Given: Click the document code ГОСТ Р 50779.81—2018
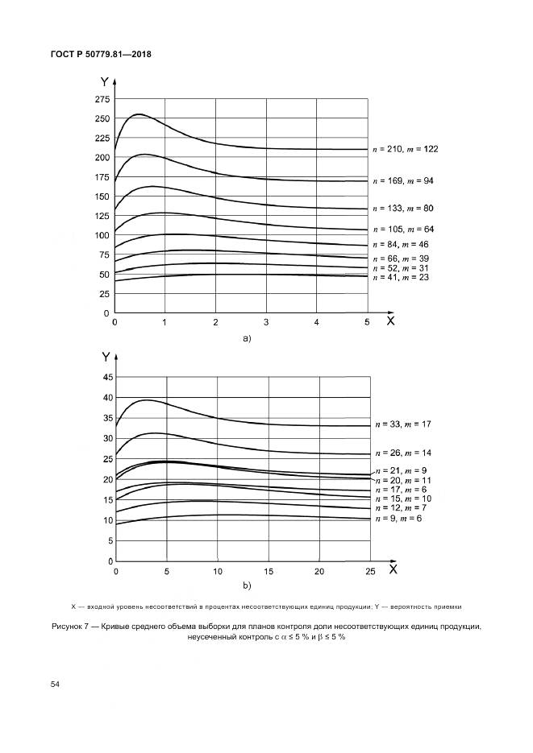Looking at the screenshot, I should [x=102, y=54].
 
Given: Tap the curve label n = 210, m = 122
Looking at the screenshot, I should [x=415, y=149].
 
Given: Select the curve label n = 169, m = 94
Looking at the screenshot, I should [x=412, y=180].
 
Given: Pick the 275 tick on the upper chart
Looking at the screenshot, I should [x=102, y=99].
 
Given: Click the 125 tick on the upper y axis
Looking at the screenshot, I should [x=102, y=216].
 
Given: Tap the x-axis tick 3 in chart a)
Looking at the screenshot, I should [x=266, y=322].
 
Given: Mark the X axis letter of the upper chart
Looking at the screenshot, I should [x=389, y=320].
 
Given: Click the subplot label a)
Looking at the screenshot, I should [x=247, y=339].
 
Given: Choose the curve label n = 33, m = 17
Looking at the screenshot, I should [x=409, y=424].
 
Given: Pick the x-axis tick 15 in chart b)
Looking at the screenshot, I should [x=268, y=571].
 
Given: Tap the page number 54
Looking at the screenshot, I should [x=55, y=684].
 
